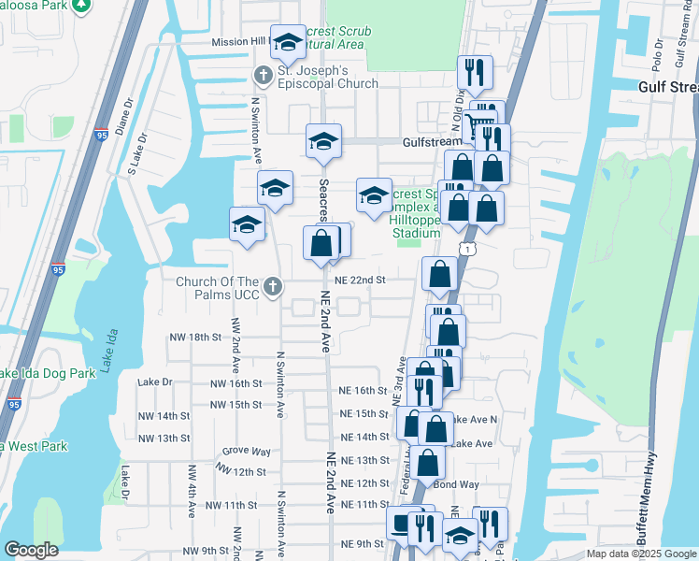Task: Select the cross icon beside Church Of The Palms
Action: pos(273,287)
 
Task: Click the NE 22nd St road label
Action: pos(361,280)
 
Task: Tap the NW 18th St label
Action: pos(194,336)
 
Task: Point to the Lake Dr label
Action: pos(155,381)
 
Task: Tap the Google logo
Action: pos(31,551)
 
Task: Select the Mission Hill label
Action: pos(240,42)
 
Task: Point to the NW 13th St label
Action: pos(164,438)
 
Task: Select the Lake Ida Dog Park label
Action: pos(48,373)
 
